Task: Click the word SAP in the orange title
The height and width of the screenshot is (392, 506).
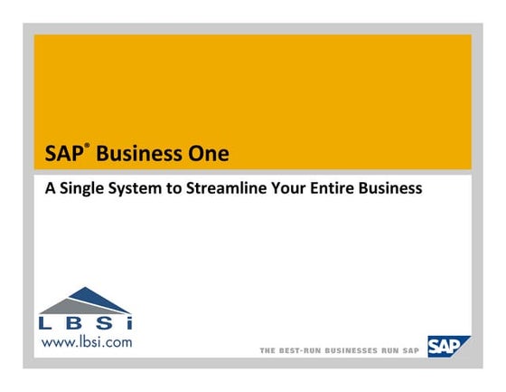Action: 61,154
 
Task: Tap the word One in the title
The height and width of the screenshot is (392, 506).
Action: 204,154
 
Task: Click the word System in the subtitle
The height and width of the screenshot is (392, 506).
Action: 137,190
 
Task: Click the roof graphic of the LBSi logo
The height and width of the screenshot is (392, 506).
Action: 86,300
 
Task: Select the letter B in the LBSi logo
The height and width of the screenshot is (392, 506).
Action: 74,323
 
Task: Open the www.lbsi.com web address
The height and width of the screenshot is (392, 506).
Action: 86,342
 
